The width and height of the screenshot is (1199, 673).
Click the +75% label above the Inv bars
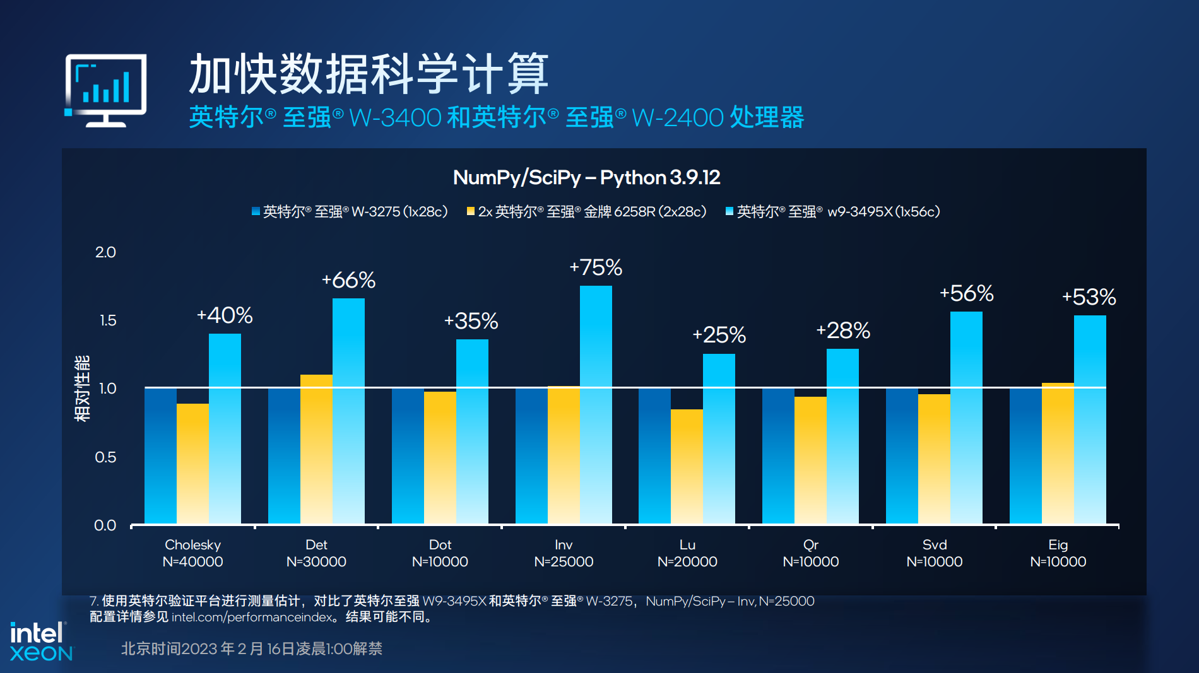[596, 267]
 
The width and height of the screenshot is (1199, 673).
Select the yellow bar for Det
[316, 449]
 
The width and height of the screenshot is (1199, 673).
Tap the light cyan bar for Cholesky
[225, 429]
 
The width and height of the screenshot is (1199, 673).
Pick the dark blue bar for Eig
[1025, 455]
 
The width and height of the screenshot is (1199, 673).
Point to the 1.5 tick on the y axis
[108, 320]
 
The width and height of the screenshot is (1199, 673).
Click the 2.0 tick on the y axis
[105, 252]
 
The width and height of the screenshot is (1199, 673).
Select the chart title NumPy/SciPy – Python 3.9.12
[586, 177]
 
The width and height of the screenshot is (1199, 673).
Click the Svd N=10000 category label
[935, 553]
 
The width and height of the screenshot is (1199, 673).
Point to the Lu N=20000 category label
[687, 553]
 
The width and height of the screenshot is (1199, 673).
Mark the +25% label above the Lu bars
[719, 335]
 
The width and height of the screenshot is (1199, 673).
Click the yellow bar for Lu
[687, 467]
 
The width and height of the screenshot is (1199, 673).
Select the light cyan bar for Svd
[966, 418]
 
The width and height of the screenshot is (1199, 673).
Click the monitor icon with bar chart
[106, 90]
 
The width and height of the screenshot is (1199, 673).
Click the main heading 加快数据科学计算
[369, 74]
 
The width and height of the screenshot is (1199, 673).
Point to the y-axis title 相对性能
[82, 389]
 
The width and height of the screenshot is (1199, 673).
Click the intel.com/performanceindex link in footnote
[251, 617]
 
